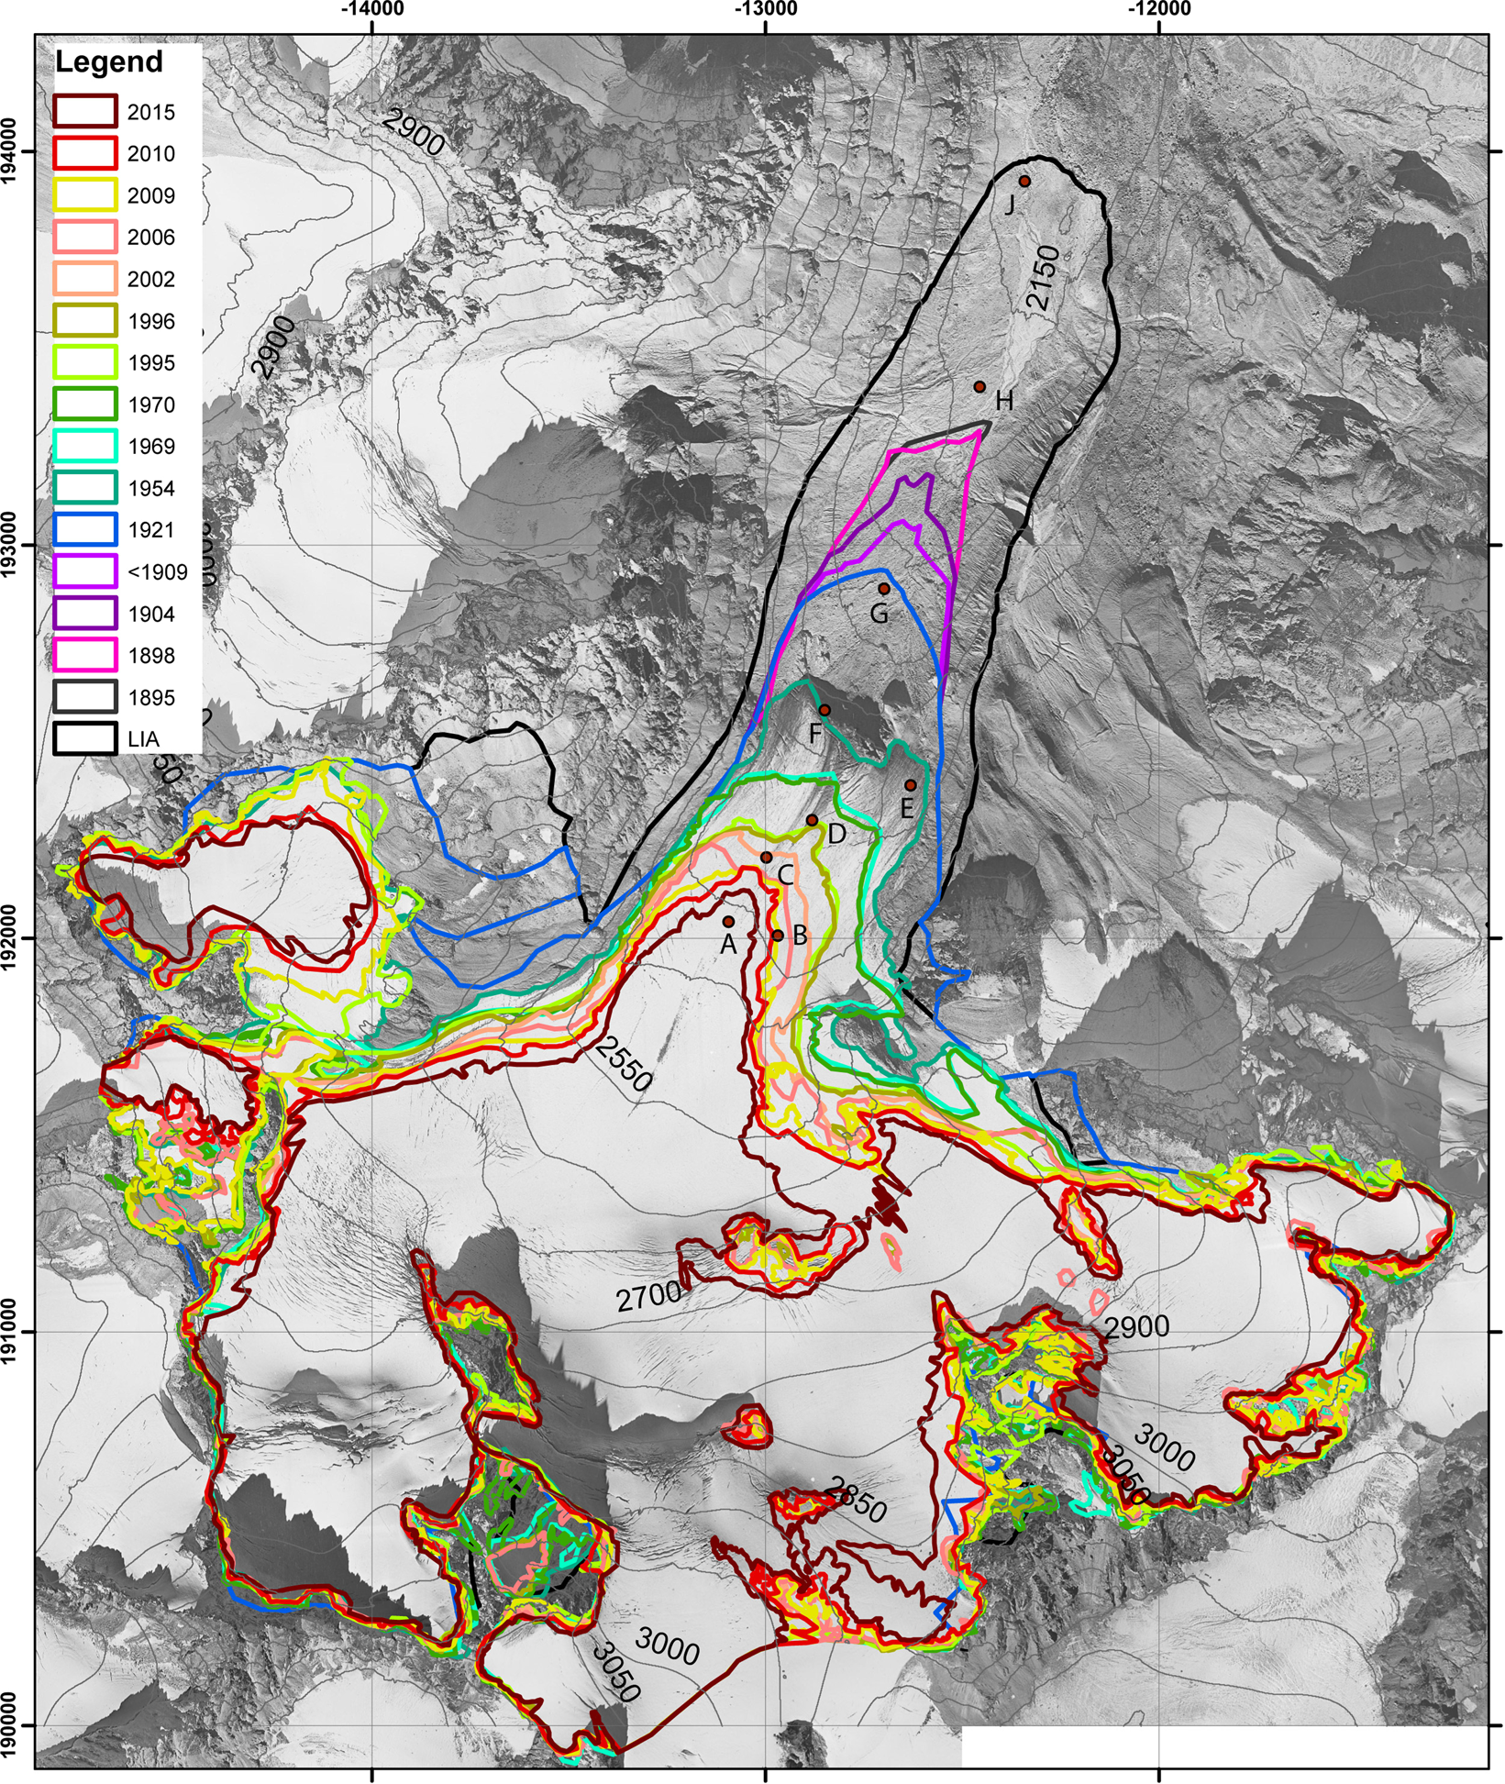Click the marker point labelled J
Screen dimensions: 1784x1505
1024,182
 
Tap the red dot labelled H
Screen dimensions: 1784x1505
979,387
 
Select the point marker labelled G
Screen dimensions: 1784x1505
884,589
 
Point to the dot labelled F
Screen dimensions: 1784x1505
824,710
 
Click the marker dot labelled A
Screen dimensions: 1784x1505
728,921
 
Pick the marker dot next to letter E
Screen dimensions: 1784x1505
910,785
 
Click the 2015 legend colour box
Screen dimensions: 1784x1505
85,112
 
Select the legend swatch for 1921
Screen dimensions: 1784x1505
85,530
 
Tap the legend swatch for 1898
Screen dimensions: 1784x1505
85,656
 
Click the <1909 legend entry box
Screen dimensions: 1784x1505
85,572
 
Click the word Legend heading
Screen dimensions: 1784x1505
108,62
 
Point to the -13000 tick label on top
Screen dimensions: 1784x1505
765,10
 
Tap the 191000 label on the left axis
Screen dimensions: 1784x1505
11,1331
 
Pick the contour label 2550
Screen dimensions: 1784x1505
623,1064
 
